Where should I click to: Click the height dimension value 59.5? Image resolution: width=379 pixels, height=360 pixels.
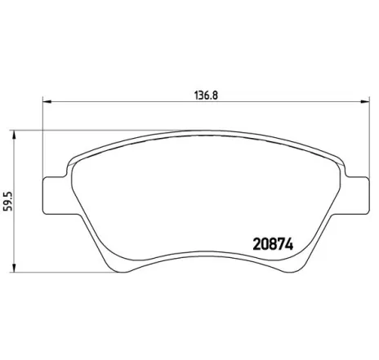tap(9, 201)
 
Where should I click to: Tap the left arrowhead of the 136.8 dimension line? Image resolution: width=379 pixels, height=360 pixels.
tap(47, 102)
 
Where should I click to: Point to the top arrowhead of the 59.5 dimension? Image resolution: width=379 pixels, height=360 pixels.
tap(19, 134)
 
